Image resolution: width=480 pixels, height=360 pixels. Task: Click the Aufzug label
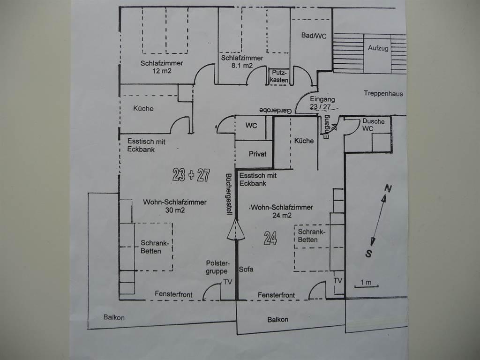(x=378, y=48)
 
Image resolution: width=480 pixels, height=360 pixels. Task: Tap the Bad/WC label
(x=314, y=36)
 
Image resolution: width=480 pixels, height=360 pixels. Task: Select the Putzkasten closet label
(x=279, y=76)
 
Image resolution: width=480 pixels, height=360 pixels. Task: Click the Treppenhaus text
(x=383, y=93)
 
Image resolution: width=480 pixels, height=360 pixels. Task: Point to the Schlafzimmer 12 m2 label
(x=162, y=67)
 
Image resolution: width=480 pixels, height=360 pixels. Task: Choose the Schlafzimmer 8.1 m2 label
(x=242, y=61)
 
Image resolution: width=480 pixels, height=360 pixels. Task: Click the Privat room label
(x=257, y=154)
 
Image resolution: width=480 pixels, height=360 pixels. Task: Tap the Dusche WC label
(x=373, y=125)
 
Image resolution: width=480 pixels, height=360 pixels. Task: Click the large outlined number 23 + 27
(x=191, y=175)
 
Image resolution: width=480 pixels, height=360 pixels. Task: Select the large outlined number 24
(x=270, y=238)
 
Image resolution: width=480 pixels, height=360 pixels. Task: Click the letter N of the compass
(x=388, y=188)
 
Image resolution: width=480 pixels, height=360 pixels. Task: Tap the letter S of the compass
(x=369, y=254)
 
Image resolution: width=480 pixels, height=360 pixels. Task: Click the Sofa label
(x=246, y=270)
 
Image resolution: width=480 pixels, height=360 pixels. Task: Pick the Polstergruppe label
(x=217, y=267)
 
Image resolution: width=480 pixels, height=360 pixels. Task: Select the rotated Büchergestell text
(x=229, y=195)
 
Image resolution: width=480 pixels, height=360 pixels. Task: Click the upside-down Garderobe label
(x=276, y=110)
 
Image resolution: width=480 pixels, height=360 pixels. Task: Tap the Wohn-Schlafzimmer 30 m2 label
(x=175, y=206)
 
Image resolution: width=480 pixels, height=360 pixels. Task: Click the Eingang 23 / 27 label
(x=322, y=103)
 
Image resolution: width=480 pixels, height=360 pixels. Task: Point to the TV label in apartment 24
(x=337, y=281)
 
